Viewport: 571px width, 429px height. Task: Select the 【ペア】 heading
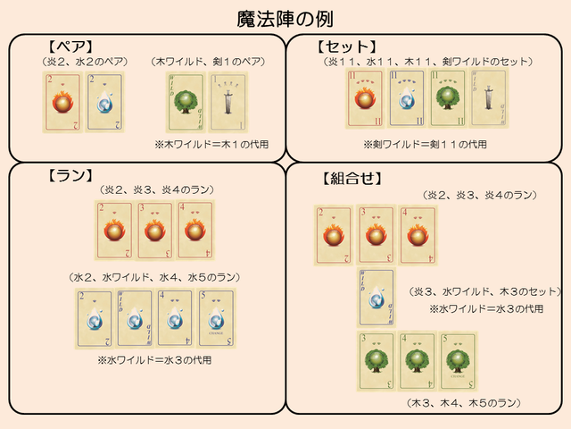pos(70,46)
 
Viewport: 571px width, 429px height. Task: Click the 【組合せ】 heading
pos(352,178)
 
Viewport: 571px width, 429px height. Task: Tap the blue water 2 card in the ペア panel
pos(106,104)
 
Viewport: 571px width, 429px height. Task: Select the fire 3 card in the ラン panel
pos(155,230)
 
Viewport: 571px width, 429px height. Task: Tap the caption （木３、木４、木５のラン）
pos(464,404)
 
